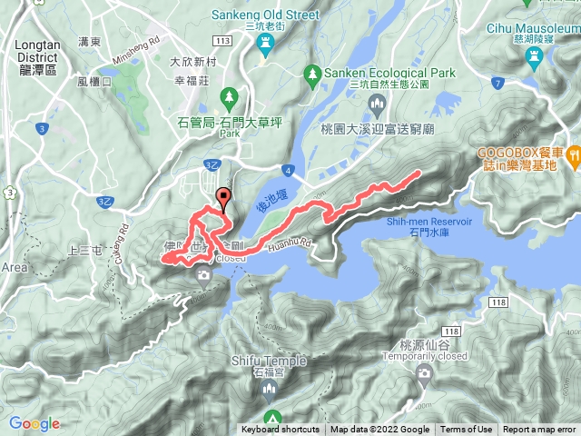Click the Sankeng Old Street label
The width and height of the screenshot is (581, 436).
coord(265,15)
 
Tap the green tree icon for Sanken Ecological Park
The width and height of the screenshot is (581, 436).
coord(312,72)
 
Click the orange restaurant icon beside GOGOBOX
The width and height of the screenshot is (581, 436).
coord(573,156)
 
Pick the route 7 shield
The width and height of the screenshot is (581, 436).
coord(497,84)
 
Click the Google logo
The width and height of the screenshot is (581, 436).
coord(34,423)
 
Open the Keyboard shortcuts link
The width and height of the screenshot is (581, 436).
coord(280,430)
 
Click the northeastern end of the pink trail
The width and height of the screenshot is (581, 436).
coord(418,172)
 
